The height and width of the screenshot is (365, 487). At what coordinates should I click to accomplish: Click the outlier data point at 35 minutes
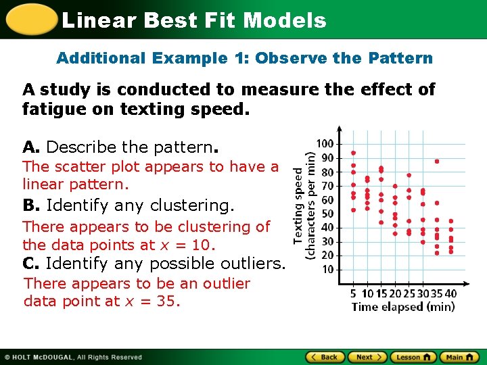(437, 162)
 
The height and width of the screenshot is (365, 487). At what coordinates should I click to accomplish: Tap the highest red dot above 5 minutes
(353, 153)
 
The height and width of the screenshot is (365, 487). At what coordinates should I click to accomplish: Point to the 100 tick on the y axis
(325, 144)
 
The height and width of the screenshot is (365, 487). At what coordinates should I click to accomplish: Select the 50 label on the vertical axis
(327, 214)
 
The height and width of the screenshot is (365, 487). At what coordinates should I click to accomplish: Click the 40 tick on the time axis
(450, 293)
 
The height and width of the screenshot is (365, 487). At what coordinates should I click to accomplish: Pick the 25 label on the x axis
(409, 293)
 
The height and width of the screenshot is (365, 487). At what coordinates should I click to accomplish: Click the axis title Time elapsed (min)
(402, 307)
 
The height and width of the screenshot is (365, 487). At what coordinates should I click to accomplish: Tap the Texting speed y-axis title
(298, 205)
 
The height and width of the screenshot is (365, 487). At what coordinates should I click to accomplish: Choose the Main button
(459, 357)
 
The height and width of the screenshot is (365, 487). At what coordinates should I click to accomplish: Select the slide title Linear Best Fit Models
(193, 20)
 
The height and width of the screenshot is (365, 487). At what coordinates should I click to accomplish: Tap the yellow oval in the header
(30, 20)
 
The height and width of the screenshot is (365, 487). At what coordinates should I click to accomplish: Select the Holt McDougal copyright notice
(73, 357)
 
